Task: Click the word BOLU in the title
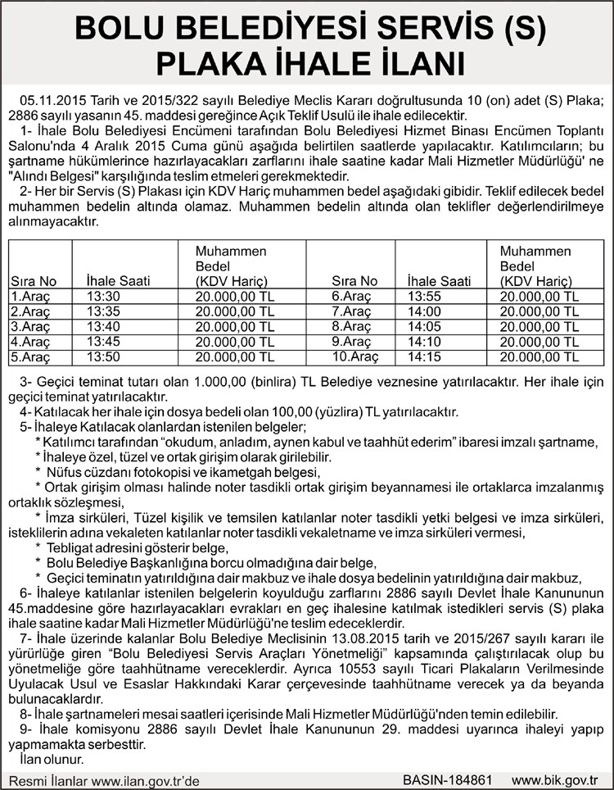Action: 124,30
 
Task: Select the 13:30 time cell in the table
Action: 103,297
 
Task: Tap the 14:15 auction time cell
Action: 423,356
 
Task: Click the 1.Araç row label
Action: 30,297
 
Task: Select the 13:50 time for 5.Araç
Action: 103,356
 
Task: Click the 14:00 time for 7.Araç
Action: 423,311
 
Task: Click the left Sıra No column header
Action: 34,281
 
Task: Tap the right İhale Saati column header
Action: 439,281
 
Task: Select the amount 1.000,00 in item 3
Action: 193,382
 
